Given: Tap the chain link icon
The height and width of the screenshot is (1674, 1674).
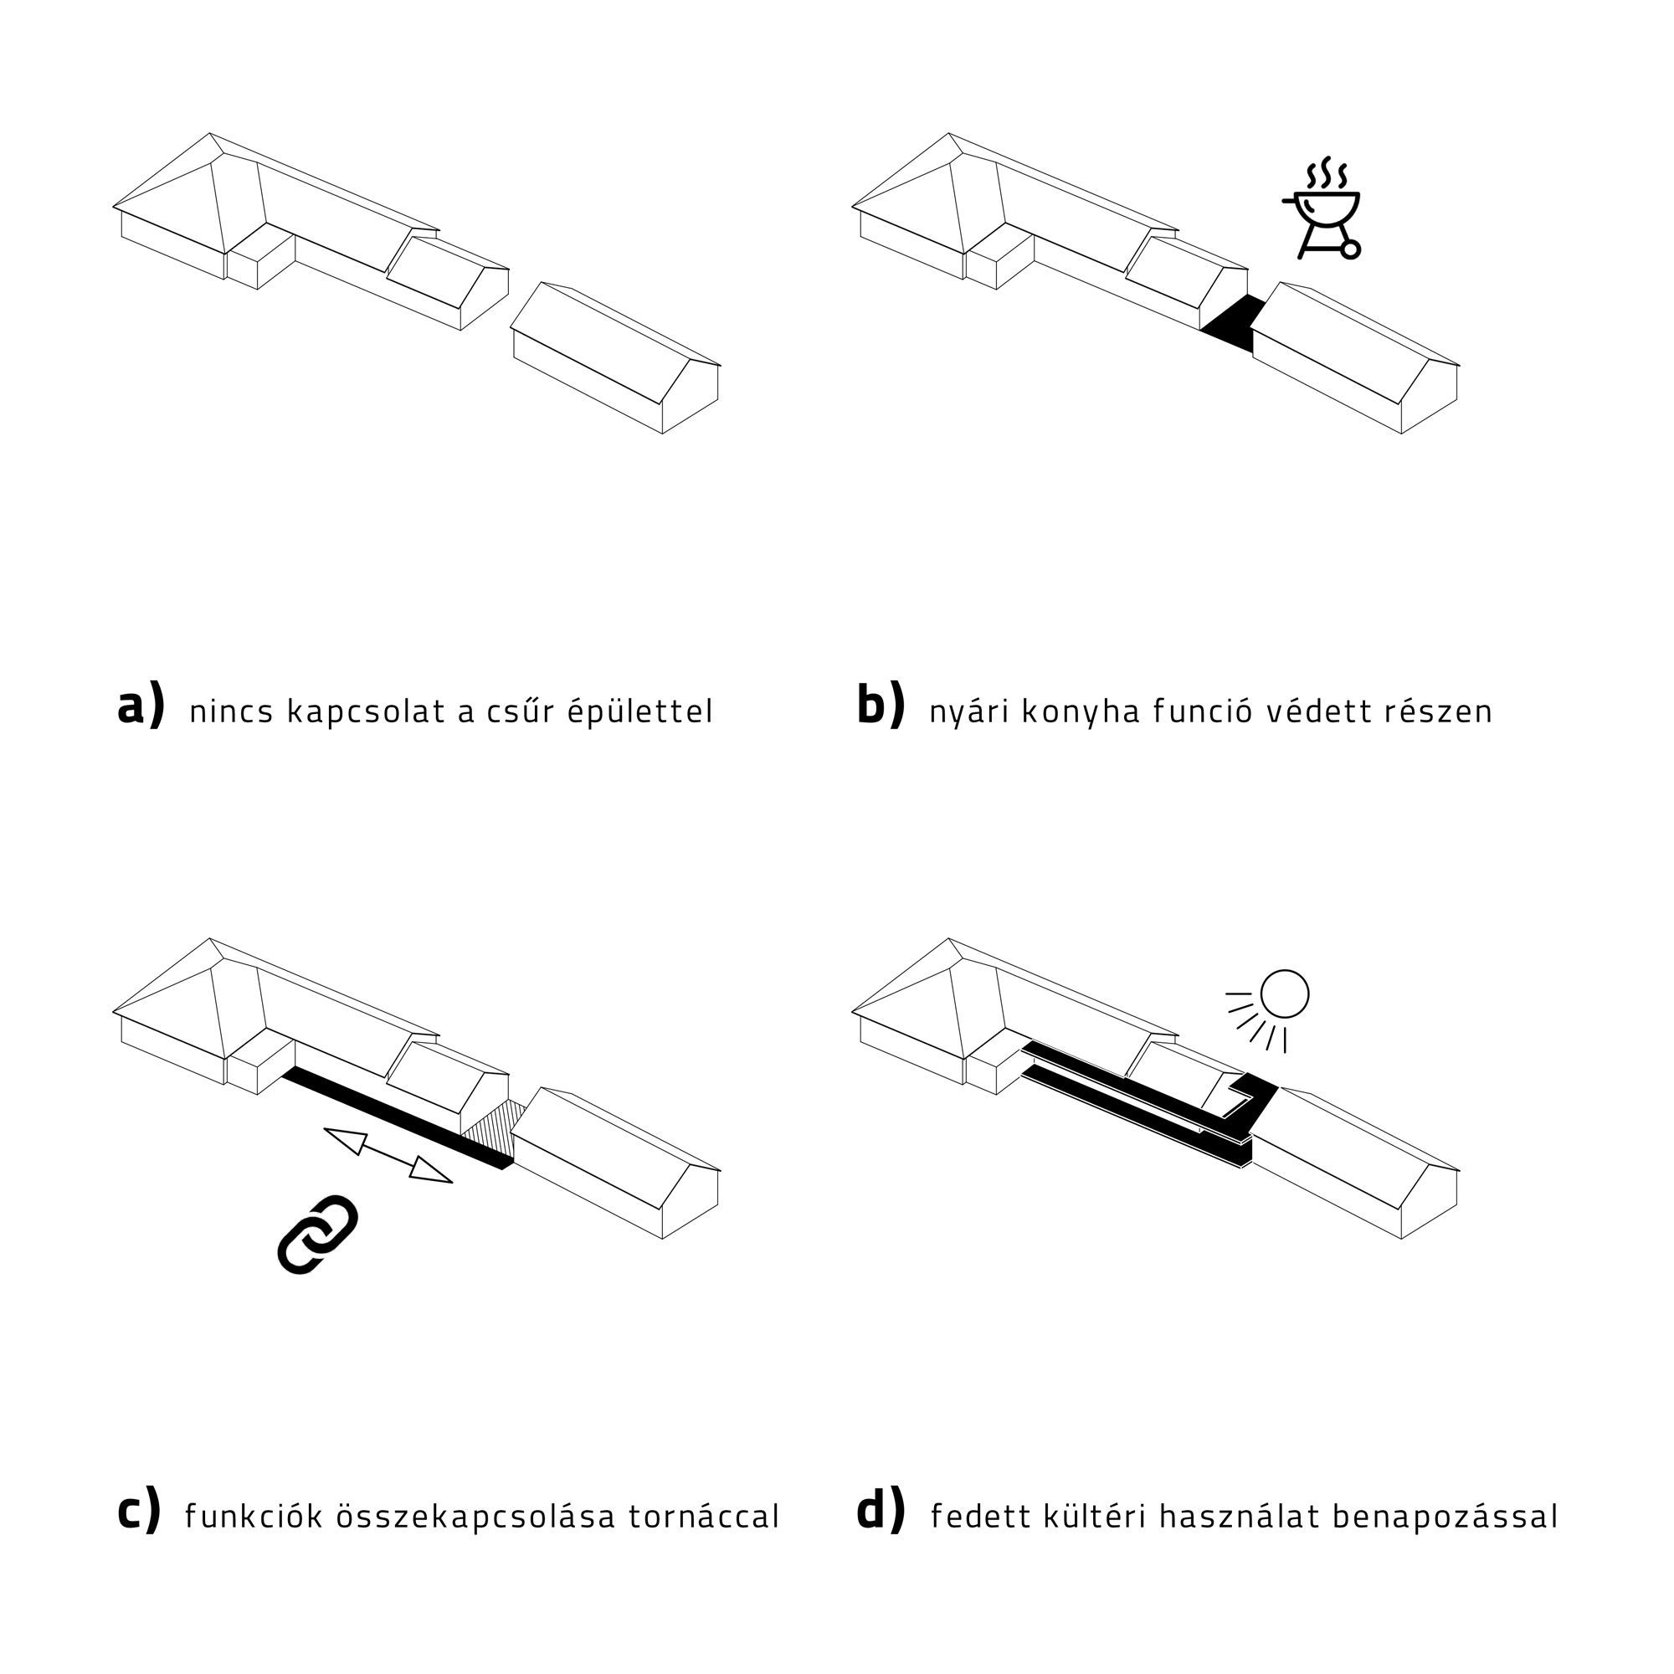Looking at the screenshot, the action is (318, 1235).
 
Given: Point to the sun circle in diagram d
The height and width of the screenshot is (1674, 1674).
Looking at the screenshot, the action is (1284, 994).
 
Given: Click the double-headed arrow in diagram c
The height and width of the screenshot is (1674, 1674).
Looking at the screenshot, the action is (388, 1155).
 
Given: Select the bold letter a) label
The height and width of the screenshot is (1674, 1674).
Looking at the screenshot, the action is (141, 707).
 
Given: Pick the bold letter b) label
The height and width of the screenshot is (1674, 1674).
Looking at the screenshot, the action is (881, 706).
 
